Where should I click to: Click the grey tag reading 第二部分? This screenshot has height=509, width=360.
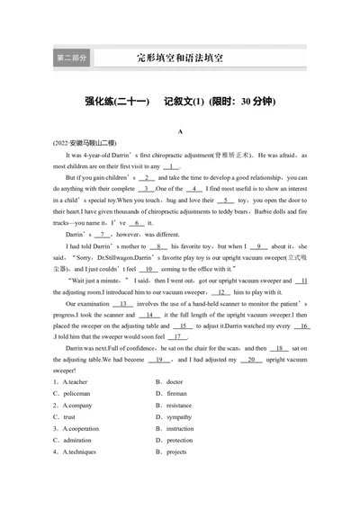(x=72, y=58)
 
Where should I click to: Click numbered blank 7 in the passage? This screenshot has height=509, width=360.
(x=110, y=234)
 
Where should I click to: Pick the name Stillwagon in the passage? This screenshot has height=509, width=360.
(x=131, y=257)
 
